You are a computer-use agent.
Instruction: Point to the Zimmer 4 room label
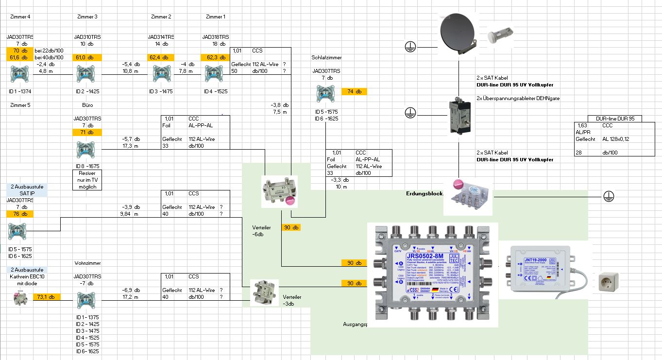(x=19, y=17)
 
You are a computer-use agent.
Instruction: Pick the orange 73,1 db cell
(x=46, y=297)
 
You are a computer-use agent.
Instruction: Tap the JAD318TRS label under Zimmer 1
(x=216, y=37)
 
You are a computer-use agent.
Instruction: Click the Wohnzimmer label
(x=87, y=263)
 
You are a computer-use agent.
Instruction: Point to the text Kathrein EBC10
(x=27, y=276)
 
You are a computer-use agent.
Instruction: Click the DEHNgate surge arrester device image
(x=459, y=113)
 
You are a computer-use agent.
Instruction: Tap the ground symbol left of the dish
(x=410, y=47)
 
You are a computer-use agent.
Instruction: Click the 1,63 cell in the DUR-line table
(x=582, y=125)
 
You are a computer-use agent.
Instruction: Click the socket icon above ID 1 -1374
(x=19, y=75)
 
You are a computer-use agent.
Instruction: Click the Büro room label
(x=87, y=105)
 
